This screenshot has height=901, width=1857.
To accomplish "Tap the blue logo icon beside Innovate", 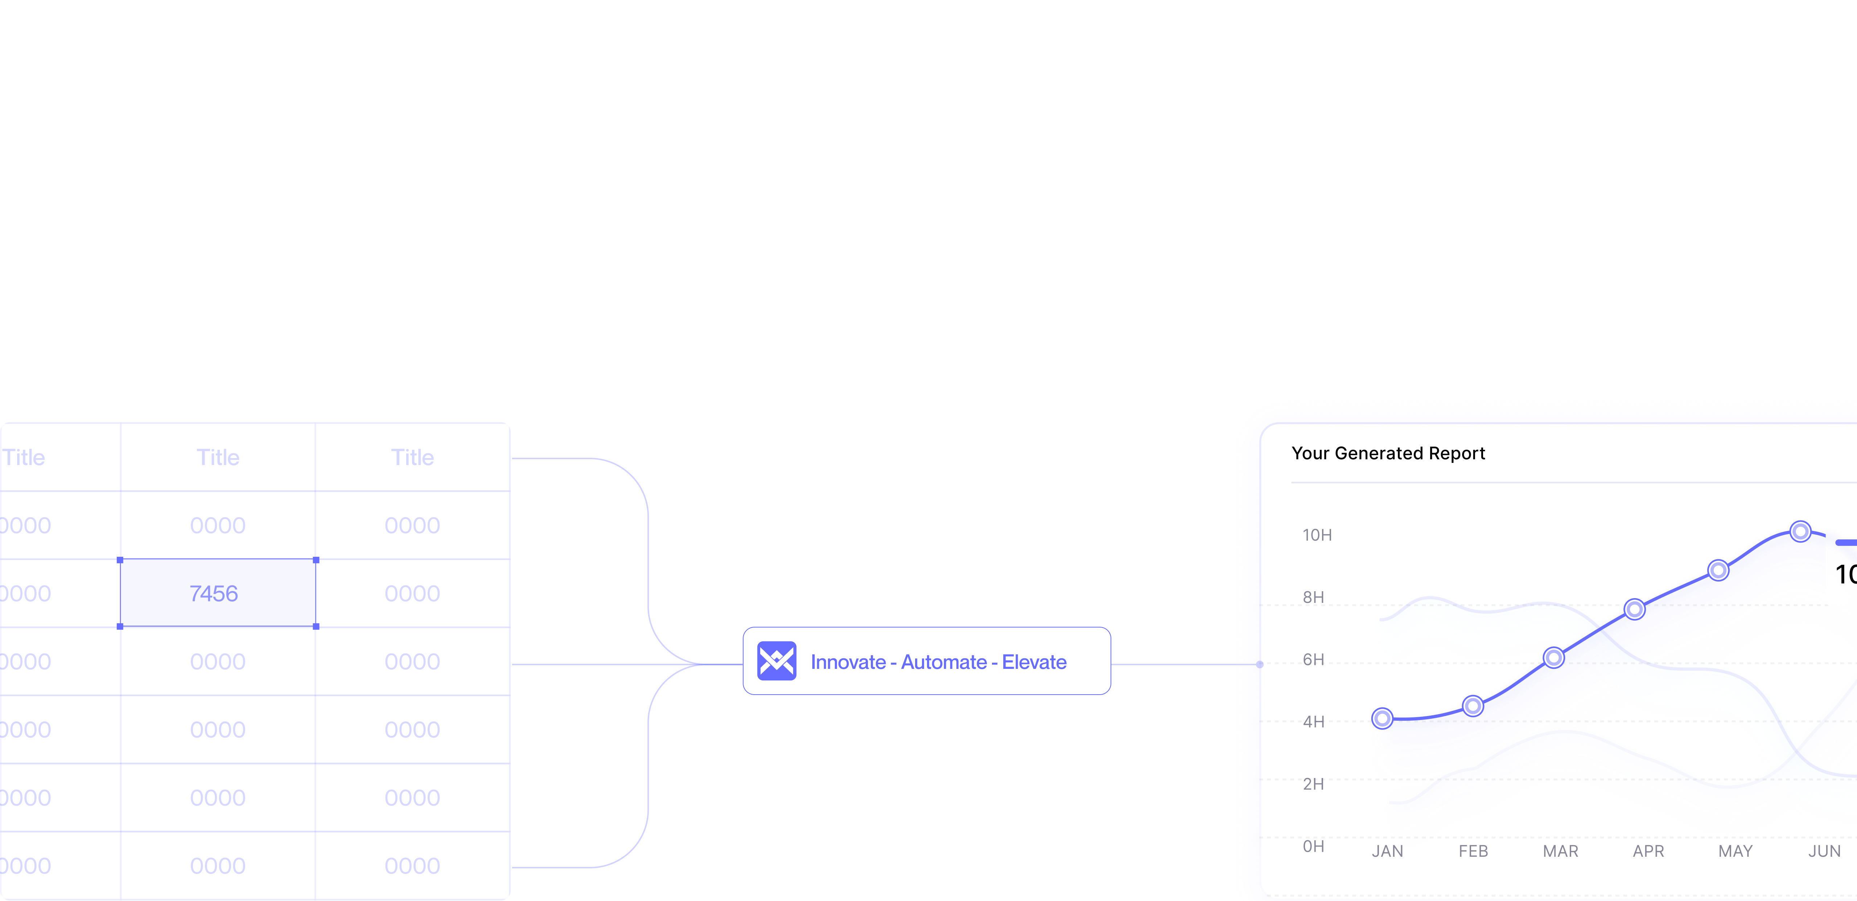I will click(777, 661).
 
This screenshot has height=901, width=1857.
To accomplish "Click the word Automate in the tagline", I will click(944, 662).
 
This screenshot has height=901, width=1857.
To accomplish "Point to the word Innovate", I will click(848, 662).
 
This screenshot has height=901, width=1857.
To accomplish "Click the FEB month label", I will click(1473, 851).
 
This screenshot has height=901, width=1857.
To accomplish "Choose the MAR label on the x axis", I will click(1560, 851).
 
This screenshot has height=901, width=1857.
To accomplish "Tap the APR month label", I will click(1648, 851).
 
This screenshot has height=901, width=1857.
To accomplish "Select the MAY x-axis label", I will click(1734, 851).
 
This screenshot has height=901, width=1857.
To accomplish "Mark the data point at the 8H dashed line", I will click(1634, 609).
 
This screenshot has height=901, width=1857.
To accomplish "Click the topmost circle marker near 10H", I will click(1800, 531).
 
